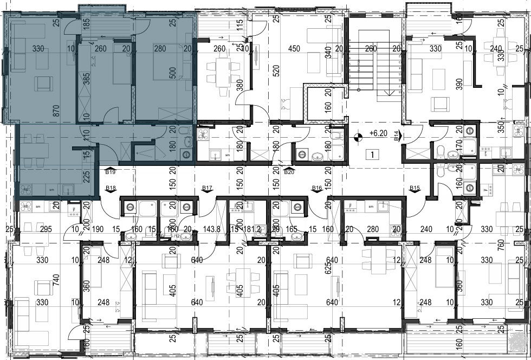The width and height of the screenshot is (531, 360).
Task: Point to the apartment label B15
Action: pos(415,188)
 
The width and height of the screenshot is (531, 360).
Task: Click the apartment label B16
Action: pos(317,188)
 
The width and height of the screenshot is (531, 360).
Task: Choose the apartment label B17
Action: pos(206,188)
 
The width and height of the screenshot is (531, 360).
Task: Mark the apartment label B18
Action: pos(111,188)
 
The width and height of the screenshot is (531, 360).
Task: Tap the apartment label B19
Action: pos(111,172)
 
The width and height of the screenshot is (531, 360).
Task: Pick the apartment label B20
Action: pos(289,172)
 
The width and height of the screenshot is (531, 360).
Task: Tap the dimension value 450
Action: pos(294,49)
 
